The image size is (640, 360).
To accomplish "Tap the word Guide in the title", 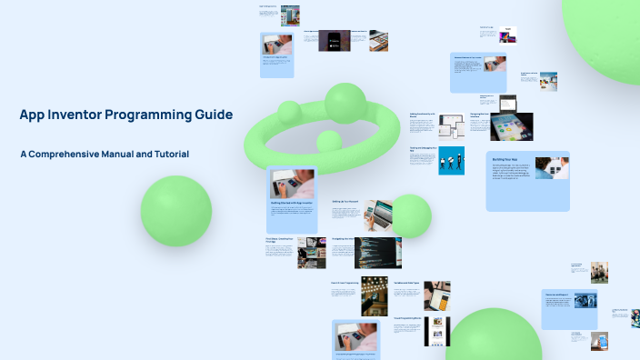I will pyautogui.click(x=213, y=115).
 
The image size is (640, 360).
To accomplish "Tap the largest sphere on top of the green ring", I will pyautogui.click(x=345, y=103).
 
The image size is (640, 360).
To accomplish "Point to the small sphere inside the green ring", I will pyautogui.click(x=328, y=141).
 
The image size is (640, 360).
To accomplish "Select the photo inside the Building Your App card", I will pyautogui.click(x=551, y=167).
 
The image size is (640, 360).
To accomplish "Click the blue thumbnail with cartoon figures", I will pyautogui.click(x=451, y=160).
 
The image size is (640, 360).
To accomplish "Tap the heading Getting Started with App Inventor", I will pyautogui.click(x=292, y=203).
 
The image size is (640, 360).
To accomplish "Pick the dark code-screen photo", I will pyautogui.click(x=377, y=253).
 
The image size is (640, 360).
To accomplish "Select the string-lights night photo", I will pyautogui.click(x=375, y=295).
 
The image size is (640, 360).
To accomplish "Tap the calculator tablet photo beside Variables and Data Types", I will pyautogui.click(x=436, y=295).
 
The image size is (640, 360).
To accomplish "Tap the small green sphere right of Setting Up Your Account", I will pyautogui.click(x=411, y=215).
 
